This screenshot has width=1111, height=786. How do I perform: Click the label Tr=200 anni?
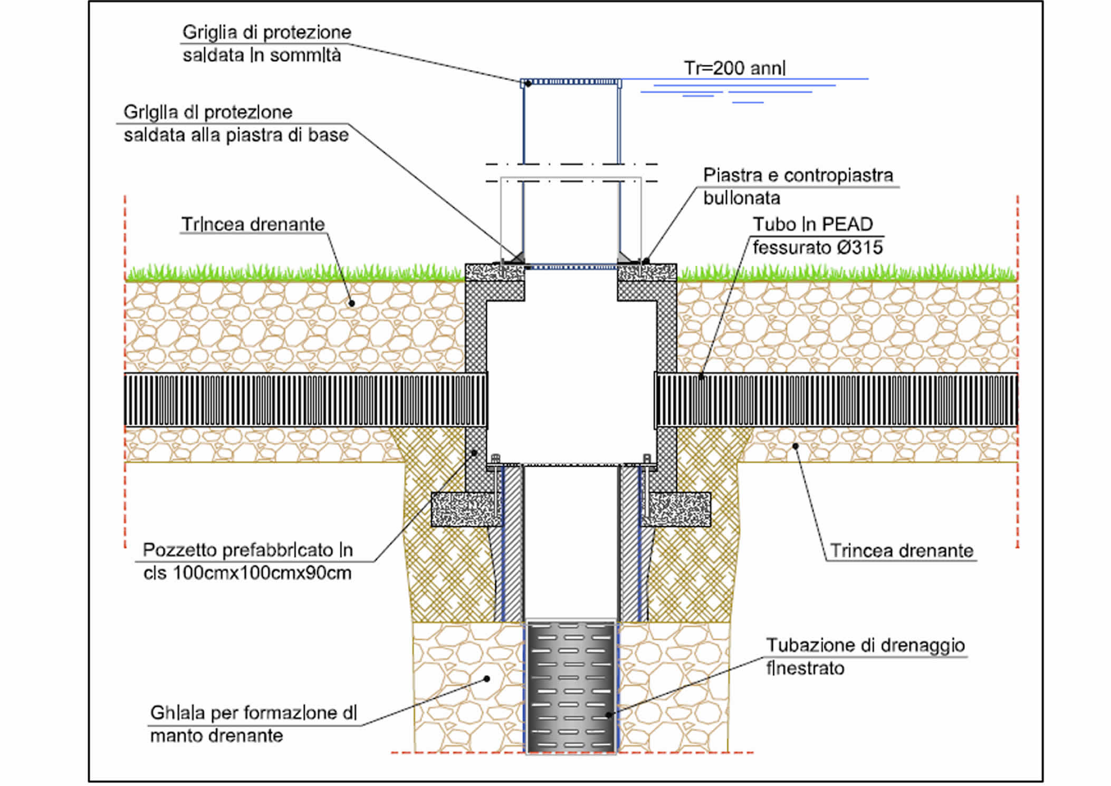coord(734,68)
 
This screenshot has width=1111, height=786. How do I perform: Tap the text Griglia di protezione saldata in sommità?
coord(266,43)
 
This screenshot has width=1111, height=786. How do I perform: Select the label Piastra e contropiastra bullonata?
coord(797,186)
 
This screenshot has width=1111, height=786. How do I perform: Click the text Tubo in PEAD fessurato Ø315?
coord(817,235)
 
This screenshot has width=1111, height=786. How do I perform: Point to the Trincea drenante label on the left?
coord(253,224)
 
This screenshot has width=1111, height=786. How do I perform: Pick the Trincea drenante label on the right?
coord(901,551)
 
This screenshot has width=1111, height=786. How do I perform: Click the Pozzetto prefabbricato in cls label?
coord(247,561)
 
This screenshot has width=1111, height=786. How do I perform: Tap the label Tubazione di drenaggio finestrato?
coord(865,656)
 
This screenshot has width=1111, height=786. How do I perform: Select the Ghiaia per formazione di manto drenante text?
coord(253,724)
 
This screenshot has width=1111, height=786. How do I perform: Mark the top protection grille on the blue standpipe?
coord(571,82)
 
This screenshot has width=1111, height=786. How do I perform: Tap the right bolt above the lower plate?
coord(647,459)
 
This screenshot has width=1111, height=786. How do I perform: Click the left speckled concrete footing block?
coord(464,510)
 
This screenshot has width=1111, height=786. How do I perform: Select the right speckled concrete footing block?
coord(678,510)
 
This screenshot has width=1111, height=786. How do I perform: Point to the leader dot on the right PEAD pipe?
coord(701,377)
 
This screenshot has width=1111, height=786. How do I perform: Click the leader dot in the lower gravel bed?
coord(487,679)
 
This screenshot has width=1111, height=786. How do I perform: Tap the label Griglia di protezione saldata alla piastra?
coord(235,123)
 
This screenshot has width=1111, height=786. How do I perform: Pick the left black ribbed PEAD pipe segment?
coord(305,400)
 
